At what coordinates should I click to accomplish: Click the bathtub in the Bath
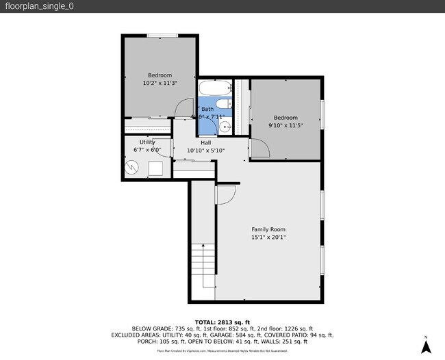(216, 89)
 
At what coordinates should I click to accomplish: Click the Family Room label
(268, 229)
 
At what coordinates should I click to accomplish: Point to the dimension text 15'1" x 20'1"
(268, 238)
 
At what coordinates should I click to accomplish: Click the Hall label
(205, 142)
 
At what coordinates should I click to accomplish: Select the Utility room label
(147, 142)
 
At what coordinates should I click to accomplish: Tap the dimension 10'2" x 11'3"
(160, 83)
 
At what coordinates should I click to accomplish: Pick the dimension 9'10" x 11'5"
(285, 125)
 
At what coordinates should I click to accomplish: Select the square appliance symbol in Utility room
(157, 168)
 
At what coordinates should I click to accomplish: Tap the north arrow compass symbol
(425, 346)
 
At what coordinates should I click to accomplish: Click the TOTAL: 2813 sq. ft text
(222, 322)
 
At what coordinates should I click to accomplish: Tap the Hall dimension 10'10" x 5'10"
(205, 151)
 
